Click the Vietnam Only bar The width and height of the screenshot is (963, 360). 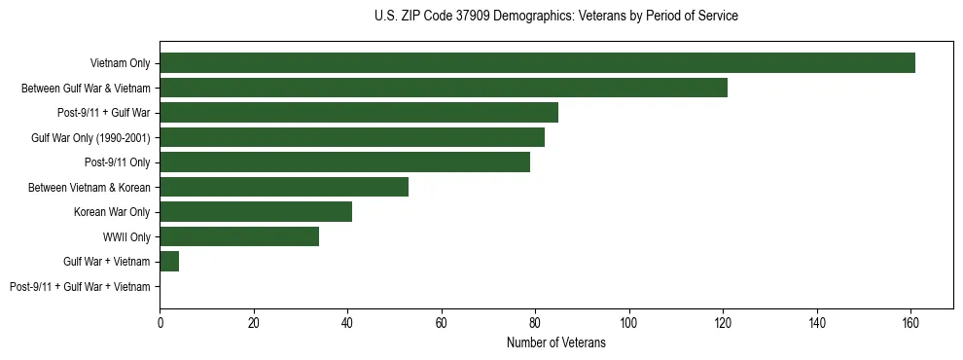coord(537,63)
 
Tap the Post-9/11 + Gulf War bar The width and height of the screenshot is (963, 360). coord(359,113)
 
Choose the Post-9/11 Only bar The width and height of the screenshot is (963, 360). coord(345,162)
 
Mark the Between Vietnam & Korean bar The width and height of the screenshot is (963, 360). coord(284,187)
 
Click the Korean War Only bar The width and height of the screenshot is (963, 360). coord(256,212)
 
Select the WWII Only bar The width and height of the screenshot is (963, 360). coord(239,236)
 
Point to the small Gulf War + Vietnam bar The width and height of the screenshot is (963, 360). coord(169,262)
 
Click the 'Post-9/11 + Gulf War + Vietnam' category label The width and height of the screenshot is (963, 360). coord(80,287)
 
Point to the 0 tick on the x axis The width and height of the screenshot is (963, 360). coord(160,323)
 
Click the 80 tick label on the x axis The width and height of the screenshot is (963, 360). coord(535,323)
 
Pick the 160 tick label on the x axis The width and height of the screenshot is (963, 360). coord(910,323)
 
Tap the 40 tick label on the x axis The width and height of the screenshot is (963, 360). coord(347,323)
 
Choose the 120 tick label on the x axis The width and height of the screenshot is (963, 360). coord(723,323)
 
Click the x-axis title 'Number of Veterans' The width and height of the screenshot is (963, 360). coord(556,342)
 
